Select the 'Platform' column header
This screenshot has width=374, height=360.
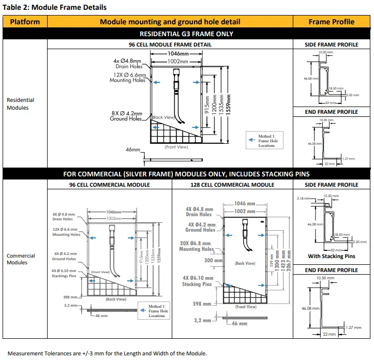tap(25, 22)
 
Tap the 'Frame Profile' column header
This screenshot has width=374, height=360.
tap(332, 22)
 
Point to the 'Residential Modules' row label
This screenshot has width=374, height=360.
tap(21, 104)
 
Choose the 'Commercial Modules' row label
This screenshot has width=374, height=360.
tap(21, 259)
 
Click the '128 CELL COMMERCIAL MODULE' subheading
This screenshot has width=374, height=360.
tap(233, 185)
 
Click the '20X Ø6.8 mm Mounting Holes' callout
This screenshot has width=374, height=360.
tap(197, 246)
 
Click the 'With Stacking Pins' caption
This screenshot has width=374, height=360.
tap(332, 256)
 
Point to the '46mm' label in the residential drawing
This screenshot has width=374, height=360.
tap(133, 150)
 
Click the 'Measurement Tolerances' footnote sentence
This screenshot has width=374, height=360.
tap(107, 353)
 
